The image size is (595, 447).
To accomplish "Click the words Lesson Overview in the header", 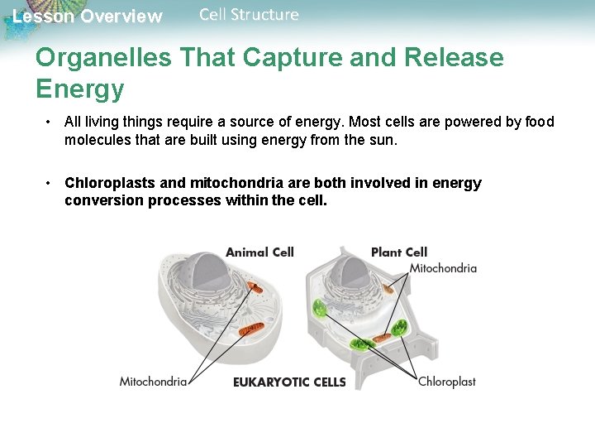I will [88, 17].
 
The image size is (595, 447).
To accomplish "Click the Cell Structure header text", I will [249, 15].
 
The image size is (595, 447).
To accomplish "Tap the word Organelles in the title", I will [102, 58].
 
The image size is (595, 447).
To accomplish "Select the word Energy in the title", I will [79, 89].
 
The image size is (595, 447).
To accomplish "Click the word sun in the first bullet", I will [382, 140].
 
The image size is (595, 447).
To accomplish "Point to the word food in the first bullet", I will [539, 122].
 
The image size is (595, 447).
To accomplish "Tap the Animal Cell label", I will [259, 252].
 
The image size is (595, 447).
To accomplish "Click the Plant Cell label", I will [399, 252].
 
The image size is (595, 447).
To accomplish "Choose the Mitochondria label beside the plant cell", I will [443, 268].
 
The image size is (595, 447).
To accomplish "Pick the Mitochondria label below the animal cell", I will [153, 382].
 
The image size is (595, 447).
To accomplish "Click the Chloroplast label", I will [446, 382].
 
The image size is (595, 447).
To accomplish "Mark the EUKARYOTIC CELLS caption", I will [289, 382].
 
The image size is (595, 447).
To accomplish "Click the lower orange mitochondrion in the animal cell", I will [250, 329].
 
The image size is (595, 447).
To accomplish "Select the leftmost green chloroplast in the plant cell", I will [320, 311].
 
